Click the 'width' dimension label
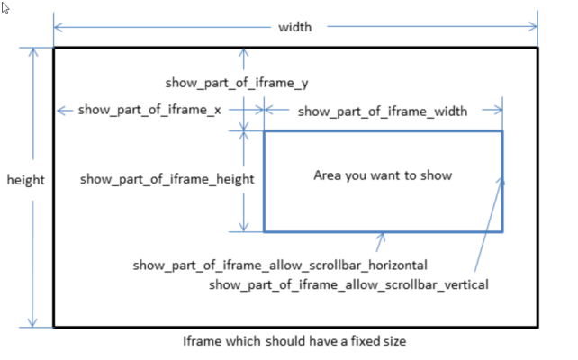click(x=294, y=27)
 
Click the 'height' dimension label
click(x=26, y=180)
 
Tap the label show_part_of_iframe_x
click(x=150, y=110)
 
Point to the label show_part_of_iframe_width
click(x=382, y=112)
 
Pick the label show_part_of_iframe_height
click(x=167, y=179)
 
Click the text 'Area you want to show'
click(x=382, y=175)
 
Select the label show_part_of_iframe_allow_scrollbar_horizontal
click(x=279, y=265)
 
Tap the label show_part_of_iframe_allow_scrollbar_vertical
click(x=348, y=284)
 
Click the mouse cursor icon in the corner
click(x=6, y=7)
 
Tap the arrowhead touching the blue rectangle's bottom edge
click(x=383, y=237)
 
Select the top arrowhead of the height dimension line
click(x=34, y=51)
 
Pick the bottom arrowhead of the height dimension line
click(x=34, y=323)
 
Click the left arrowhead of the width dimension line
click(x=59, y=27)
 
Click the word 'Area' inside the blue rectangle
click(x=327, y=175)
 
